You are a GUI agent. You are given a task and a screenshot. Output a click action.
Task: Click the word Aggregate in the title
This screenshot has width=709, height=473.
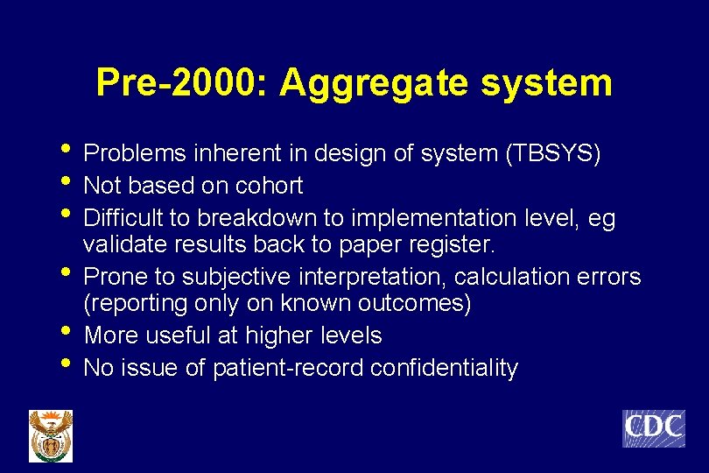click(x=377, y=83)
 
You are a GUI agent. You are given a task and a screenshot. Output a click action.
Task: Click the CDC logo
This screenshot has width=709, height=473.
click(x=653, y=428)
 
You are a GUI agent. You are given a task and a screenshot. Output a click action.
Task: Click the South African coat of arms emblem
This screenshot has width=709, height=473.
click(x=51, y=435)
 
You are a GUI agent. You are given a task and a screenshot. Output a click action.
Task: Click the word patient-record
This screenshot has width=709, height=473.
click(x=289, y=368)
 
